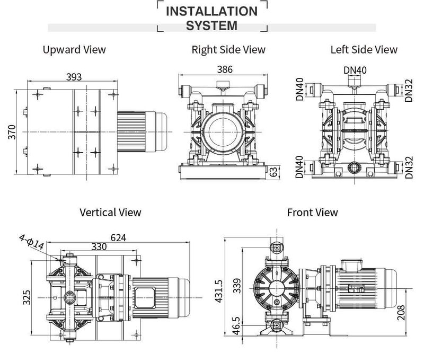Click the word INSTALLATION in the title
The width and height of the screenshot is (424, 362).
coord(211,11)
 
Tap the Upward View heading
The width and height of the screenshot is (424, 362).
coord(74,49)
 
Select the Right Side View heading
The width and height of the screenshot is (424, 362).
coord(228,50)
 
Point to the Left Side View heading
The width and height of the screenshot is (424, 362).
coord(364,49)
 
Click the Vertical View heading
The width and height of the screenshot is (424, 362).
coord(110,212)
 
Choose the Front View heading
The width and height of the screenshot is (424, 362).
coord(312,212)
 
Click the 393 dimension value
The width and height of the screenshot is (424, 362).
coord(74,77)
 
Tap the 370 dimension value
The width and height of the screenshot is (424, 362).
coord(12,132)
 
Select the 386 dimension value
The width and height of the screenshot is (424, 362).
coord(225,69)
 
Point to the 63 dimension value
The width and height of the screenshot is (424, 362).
coord(273,172)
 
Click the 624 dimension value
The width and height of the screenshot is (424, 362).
coord(118,237)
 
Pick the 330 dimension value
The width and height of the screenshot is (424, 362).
coord(99,246)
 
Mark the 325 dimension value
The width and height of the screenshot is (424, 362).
coord(26,297)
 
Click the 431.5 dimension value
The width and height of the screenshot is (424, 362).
coord(218,291)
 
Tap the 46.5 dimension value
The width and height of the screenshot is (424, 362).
coord(236,326)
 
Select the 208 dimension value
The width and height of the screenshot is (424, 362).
coord(401,313)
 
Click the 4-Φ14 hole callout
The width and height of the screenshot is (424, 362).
coord(31,242)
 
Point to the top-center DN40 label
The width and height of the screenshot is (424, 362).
coord(355,70)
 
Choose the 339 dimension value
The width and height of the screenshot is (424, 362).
coord(237,286)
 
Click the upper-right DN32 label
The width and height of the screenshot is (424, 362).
coord(409,90)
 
